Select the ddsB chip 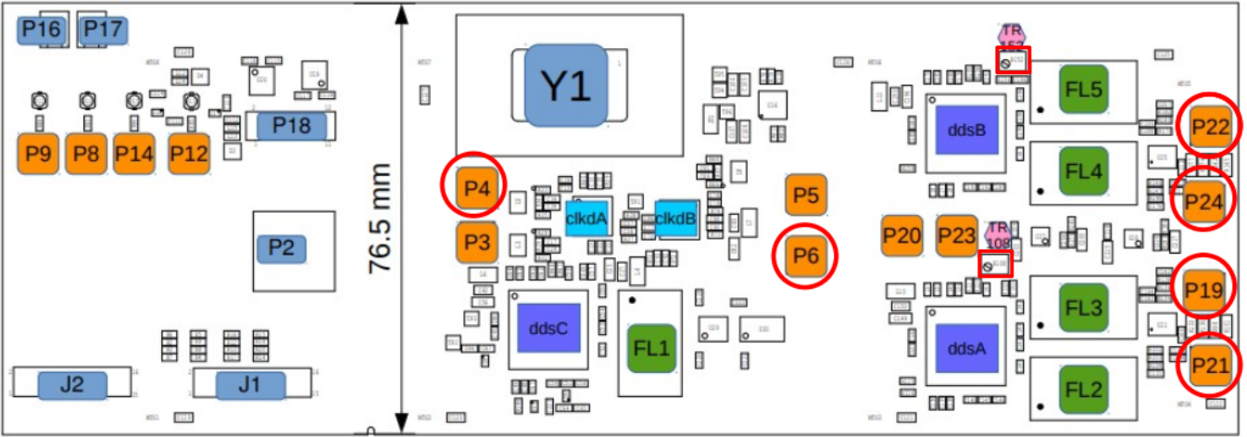(x=966, y=130)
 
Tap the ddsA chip (x=966, y=348)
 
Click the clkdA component (x=586, y=218)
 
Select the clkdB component (x=674, y=218)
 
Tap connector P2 (x=282, y=249)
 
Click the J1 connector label (x=249, y=384)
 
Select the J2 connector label (x=72, y=384)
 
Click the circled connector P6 (x=805, y=255)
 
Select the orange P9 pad (x=38, y=154)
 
